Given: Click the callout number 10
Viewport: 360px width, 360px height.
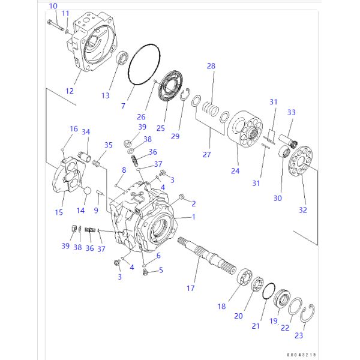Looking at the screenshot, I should tap(53, 6).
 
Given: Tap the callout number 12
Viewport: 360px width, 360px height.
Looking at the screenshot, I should tap(70, 91).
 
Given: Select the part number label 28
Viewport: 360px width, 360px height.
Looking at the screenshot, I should tap(211, 66).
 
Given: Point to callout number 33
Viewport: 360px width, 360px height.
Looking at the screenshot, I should tap(291, 112).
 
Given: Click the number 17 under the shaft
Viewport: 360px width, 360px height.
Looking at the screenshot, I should tap(190, 288).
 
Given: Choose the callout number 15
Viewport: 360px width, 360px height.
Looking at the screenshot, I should tap(59, 212).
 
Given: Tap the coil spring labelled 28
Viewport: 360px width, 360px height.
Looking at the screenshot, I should tap(209, 110).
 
